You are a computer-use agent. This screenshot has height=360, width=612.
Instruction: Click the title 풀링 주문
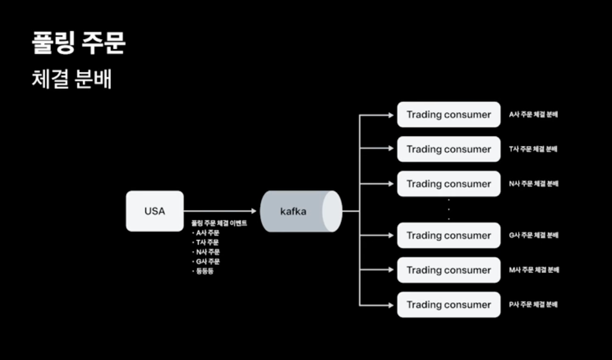[79, 44]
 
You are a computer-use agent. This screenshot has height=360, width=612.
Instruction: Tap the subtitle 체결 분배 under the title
[72, 79]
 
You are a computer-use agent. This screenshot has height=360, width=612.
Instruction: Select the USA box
[154, 211]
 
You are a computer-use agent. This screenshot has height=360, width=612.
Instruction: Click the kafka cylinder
[300, 211]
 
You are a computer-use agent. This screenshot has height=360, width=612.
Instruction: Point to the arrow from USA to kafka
[221, 211]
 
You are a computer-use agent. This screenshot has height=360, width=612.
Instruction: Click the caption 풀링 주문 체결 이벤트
[219, 224]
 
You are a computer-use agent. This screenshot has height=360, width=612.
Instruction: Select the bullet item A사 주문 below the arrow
[208, 233]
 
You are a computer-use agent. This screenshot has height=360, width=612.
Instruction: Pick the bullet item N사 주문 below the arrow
[208, 252]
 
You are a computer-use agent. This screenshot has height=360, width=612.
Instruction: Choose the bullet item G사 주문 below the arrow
[208, 262]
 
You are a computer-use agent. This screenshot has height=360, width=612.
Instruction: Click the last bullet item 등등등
[205, 271]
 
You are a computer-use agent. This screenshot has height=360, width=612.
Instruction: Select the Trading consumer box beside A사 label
[449, 114]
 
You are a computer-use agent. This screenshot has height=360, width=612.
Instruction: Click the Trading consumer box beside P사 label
[449, 305]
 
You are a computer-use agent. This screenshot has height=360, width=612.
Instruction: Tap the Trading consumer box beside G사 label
[449, 235]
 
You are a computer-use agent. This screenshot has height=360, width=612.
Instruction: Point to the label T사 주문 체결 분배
[533, 149]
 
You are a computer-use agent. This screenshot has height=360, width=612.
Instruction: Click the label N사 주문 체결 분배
[533, 184]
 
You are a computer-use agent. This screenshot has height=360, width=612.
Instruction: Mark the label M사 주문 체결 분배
[533, 270]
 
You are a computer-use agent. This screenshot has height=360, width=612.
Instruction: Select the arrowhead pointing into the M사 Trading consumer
[390, 270]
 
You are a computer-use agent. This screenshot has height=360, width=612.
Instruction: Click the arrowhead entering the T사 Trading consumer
[390, 149]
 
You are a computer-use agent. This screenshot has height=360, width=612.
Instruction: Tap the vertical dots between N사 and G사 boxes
[449, 209]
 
